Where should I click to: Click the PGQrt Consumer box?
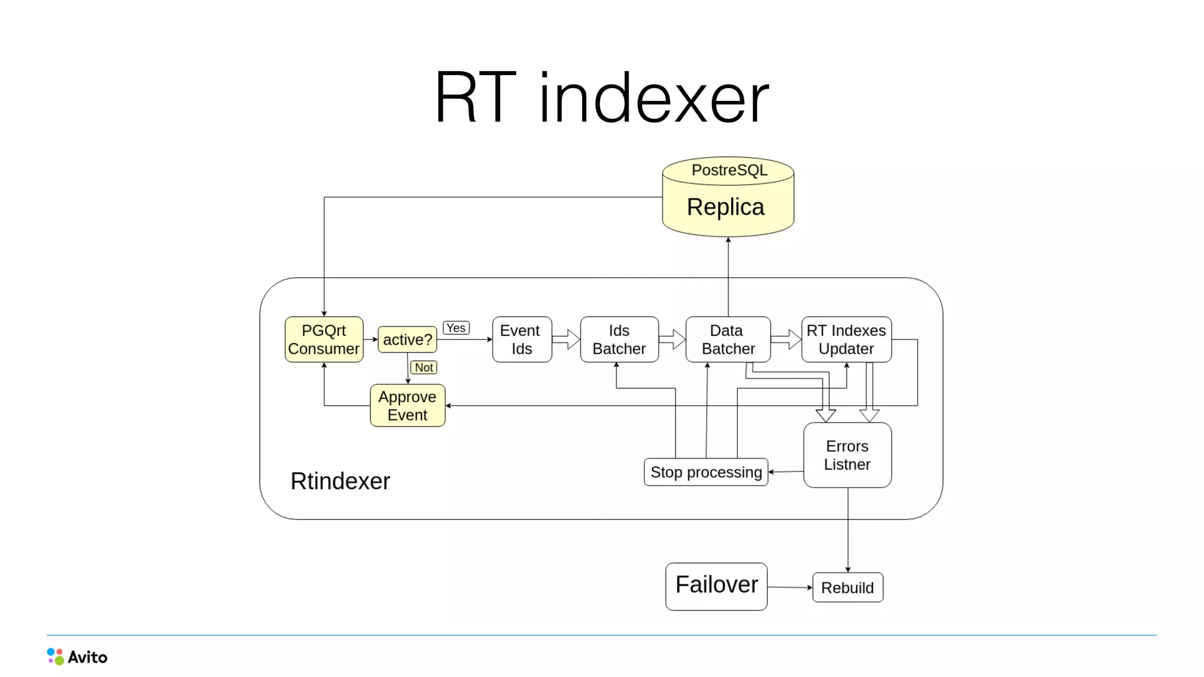click(324, 340)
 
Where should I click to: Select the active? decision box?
click(407, 340)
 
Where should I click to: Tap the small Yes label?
click(456, 328)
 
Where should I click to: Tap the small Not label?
click(424, 367)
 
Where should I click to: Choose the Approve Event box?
click(407, 405)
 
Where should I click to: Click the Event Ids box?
click(521, 340)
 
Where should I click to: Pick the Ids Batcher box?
click(619, 340)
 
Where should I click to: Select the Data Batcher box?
click(728, 340)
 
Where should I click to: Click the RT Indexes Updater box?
click(846, 340)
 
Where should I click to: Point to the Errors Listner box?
click(847, 455)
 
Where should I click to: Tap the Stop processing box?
click(706, 472)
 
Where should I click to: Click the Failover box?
click(716, 586)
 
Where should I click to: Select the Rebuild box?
click(847, 588)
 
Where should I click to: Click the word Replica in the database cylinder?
click(725, 207)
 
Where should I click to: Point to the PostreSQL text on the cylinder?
click(729, 170)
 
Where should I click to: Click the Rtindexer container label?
click(340, 481)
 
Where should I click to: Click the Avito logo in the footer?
click(77, 656)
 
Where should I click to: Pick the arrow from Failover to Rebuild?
click(790, 587)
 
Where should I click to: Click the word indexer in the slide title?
click(654, 98)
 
